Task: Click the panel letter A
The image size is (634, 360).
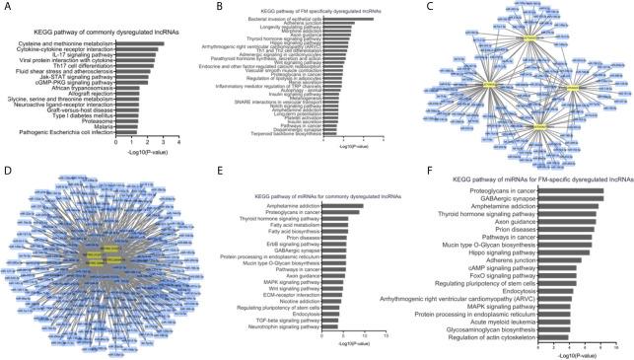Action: (7, 8)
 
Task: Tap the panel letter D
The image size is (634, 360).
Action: (7, 183)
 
